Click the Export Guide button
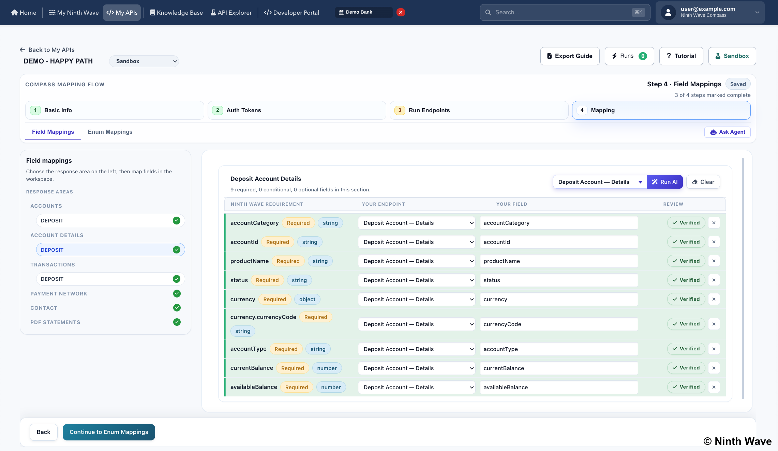coord(570,56)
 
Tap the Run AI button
coord(664,182)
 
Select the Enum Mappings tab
coord(110,132)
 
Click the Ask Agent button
coord(727,132)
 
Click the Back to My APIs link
coord(47,50)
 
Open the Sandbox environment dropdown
coord(144,61)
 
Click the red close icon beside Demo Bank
coord(401,12)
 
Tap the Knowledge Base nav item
coord(176,13)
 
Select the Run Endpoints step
coord(479,110)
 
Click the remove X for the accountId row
coord(714,242)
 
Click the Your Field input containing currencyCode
coord(559,324)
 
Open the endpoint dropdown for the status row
coord(417,280)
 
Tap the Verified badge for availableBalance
coord(686,387)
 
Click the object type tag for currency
coord(307,299)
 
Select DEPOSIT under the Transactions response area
coord(110,279)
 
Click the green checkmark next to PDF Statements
coord(177,322)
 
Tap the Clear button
coord(703,182)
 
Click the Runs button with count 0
coord(629,56)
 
